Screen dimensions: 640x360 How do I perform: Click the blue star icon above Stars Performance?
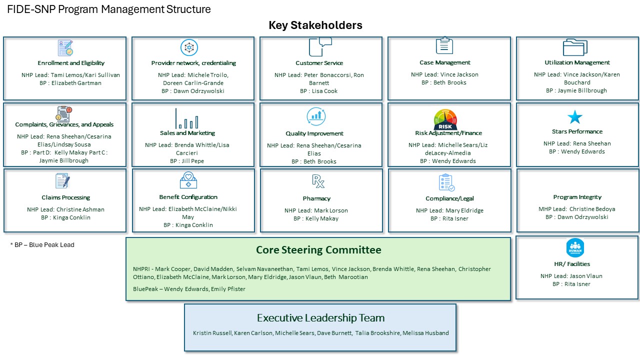coord(574,117)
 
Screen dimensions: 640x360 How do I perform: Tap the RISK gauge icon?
coord(445,119)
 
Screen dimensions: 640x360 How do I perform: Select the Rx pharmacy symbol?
coord(318,181)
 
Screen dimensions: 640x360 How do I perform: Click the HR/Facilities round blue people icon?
coord(575,247)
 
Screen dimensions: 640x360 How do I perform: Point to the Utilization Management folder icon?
coord(575,47)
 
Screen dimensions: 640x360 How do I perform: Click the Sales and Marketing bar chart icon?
coord(186,118)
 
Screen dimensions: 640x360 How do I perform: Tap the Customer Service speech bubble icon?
coord(320,47)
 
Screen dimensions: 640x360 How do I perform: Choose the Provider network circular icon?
coord(189,47)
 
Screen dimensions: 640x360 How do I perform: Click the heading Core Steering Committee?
coord(318,250)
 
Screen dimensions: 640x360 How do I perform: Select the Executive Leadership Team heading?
coord(320,318)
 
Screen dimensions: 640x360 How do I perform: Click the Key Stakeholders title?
coord(315,25)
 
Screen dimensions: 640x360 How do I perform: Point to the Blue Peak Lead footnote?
coord(42,245)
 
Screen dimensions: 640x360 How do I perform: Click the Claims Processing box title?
coord(65,197)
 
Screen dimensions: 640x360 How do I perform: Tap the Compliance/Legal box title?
coord(449,198)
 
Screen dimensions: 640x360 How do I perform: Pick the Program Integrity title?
coord(577,197)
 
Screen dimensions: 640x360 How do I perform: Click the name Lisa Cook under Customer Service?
coord(324,91)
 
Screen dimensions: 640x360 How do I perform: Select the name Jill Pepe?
coord(193,161)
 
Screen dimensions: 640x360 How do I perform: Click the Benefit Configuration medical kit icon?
coord(188,180)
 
